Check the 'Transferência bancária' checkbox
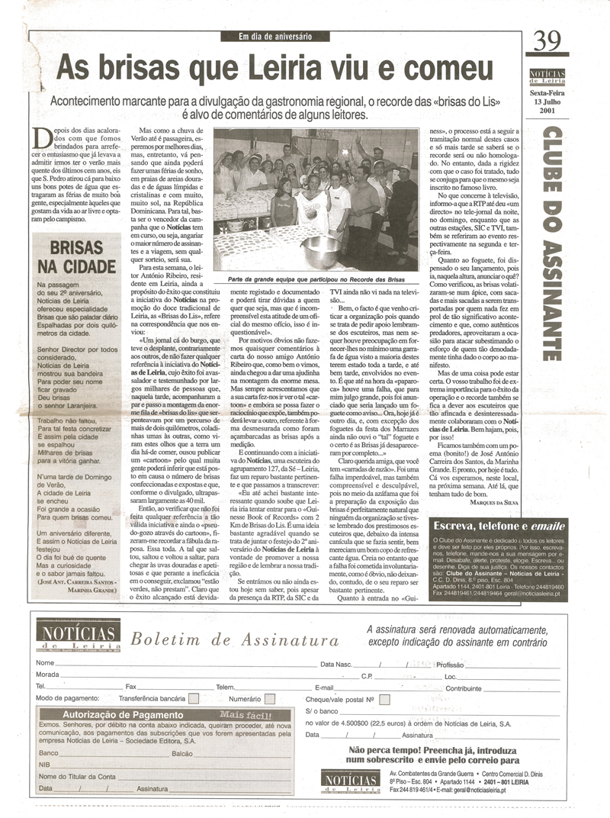point(194,697)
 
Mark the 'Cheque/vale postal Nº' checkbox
point(384,698)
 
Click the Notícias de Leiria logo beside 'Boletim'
point(79,636)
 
